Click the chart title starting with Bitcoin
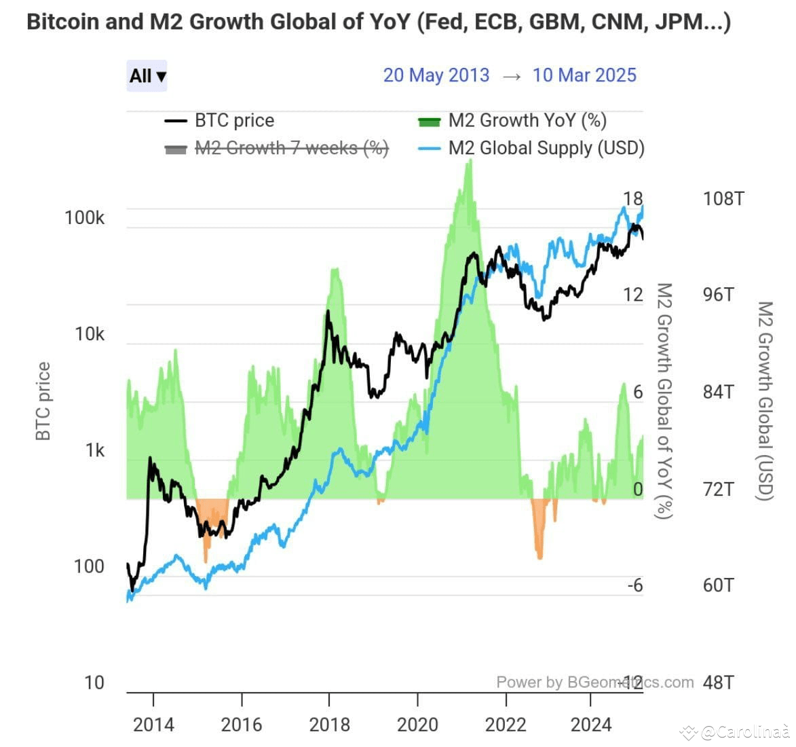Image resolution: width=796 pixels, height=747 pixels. [x=378, y=22]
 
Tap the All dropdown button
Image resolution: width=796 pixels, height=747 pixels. [x=147, y=75]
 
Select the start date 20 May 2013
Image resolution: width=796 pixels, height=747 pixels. [x=436, y=75]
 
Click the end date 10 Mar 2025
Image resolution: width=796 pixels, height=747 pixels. [x=584, y=75]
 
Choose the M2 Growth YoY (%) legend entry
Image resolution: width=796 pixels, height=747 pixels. [x=527, y=121]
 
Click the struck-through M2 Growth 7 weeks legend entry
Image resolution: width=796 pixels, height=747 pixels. [x=291, y=148]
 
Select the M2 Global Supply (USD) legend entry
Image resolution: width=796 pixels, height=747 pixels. [x=546, y=148]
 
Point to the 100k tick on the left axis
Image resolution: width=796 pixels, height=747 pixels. [x=85, y=218]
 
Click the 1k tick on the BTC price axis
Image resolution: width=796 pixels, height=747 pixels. [x=94, y=450]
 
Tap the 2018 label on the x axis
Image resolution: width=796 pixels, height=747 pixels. [x=329, y=725]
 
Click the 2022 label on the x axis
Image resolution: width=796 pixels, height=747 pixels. [x=506, y=725]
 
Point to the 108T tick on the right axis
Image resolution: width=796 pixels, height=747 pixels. [x=723, y=199]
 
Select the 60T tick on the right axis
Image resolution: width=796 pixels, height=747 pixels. [x=718, y=585]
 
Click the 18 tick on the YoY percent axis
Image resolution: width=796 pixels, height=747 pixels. [x=632, y=198]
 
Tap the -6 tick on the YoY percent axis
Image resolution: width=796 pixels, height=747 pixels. [x=634, y=585]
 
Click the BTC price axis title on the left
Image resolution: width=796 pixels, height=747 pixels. [x=43, y=401]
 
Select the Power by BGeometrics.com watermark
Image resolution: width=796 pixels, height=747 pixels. [x=594, y=682]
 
